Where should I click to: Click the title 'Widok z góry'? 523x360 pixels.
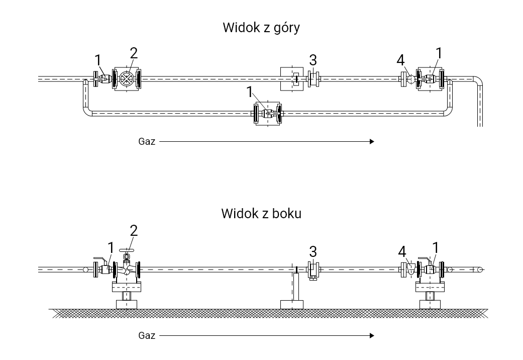[261, 28]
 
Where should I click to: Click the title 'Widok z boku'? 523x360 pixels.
[261, 213]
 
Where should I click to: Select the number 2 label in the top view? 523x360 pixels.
[133, 53]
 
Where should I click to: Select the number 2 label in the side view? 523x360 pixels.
[133, 230]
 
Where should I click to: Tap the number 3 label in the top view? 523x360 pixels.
[313, 60]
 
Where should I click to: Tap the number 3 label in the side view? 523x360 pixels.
[313, 251]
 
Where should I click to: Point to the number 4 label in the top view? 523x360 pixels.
[400, 60]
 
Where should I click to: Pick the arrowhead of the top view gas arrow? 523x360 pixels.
[372, 142]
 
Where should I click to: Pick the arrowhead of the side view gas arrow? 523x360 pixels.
[372, 335]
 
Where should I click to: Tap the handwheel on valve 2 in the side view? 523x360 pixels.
[126, 251]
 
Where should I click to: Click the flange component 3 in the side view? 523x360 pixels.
[313, 270]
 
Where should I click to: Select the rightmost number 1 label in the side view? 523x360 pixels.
[435, 248]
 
